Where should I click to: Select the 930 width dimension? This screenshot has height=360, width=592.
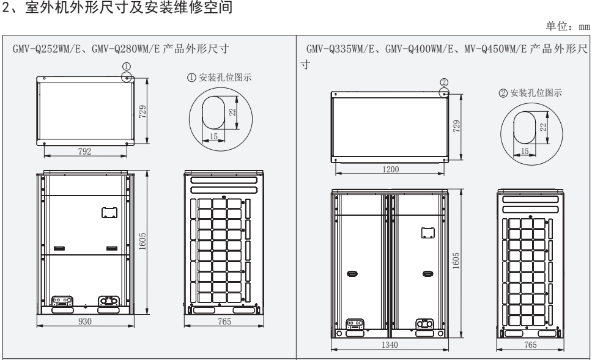[x=86, y=322]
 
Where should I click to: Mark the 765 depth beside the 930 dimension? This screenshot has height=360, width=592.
[x=219, y=322]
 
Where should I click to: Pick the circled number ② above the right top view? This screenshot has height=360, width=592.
[x=443, y=81]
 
